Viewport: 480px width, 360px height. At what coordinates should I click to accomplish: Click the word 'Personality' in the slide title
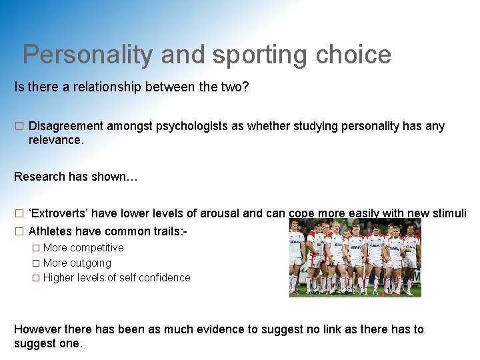[87, 55]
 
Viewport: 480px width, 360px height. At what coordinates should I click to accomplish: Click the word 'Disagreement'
[66, 126]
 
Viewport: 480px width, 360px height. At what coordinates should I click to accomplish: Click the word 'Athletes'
[51, 231]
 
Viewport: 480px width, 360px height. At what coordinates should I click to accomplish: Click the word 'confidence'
[163, 277]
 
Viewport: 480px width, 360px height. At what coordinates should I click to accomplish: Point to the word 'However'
[37, 329]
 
